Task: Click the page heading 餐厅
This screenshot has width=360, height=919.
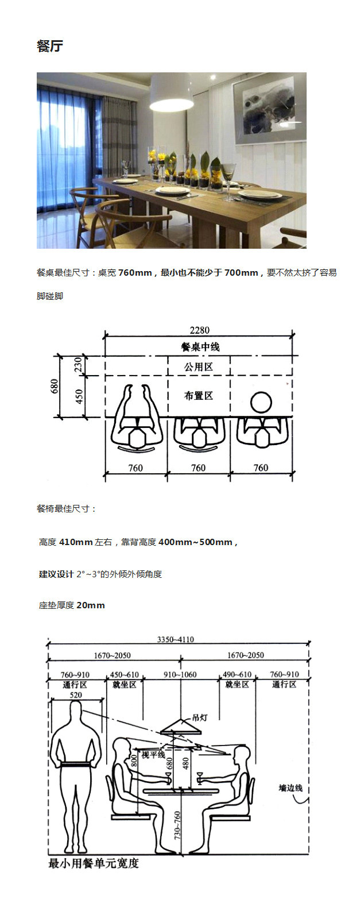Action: coord(49,46)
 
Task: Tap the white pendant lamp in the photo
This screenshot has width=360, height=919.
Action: coord(172,92)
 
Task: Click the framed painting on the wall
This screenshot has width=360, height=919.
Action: coord(269,109)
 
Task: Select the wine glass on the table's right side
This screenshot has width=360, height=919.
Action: coord(229,180)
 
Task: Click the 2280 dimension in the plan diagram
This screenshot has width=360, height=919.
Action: coord(199,330)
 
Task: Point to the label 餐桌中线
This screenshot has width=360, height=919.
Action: coord(200,347)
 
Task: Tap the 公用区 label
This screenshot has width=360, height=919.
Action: coord(199,367)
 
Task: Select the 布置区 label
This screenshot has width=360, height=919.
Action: coord(199,396)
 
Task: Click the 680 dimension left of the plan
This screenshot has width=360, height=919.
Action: coord(55,386)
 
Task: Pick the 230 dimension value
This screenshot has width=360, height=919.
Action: coord(78,365)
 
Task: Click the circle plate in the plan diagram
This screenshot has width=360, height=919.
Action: coord(261,402)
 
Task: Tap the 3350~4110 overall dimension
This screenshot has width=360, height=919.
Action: coord(176,639)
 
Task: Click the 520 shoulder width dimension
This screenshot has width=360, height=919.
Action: coord(76,695)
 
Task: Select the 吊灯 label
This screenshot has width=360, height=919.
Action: coord(200,717)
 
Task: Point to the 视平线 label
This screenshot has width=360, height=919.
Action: coord(153,755)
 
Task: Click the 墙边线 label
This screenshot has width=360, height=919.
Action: coord(291,787)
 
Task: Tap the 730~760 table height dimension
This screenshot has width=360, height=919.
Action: coord(177,825)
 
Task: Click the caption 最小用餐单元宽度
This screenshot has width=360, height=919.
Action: coord(94,863)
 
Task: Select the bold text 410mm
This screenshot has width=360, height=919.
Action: coord(76,542)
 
